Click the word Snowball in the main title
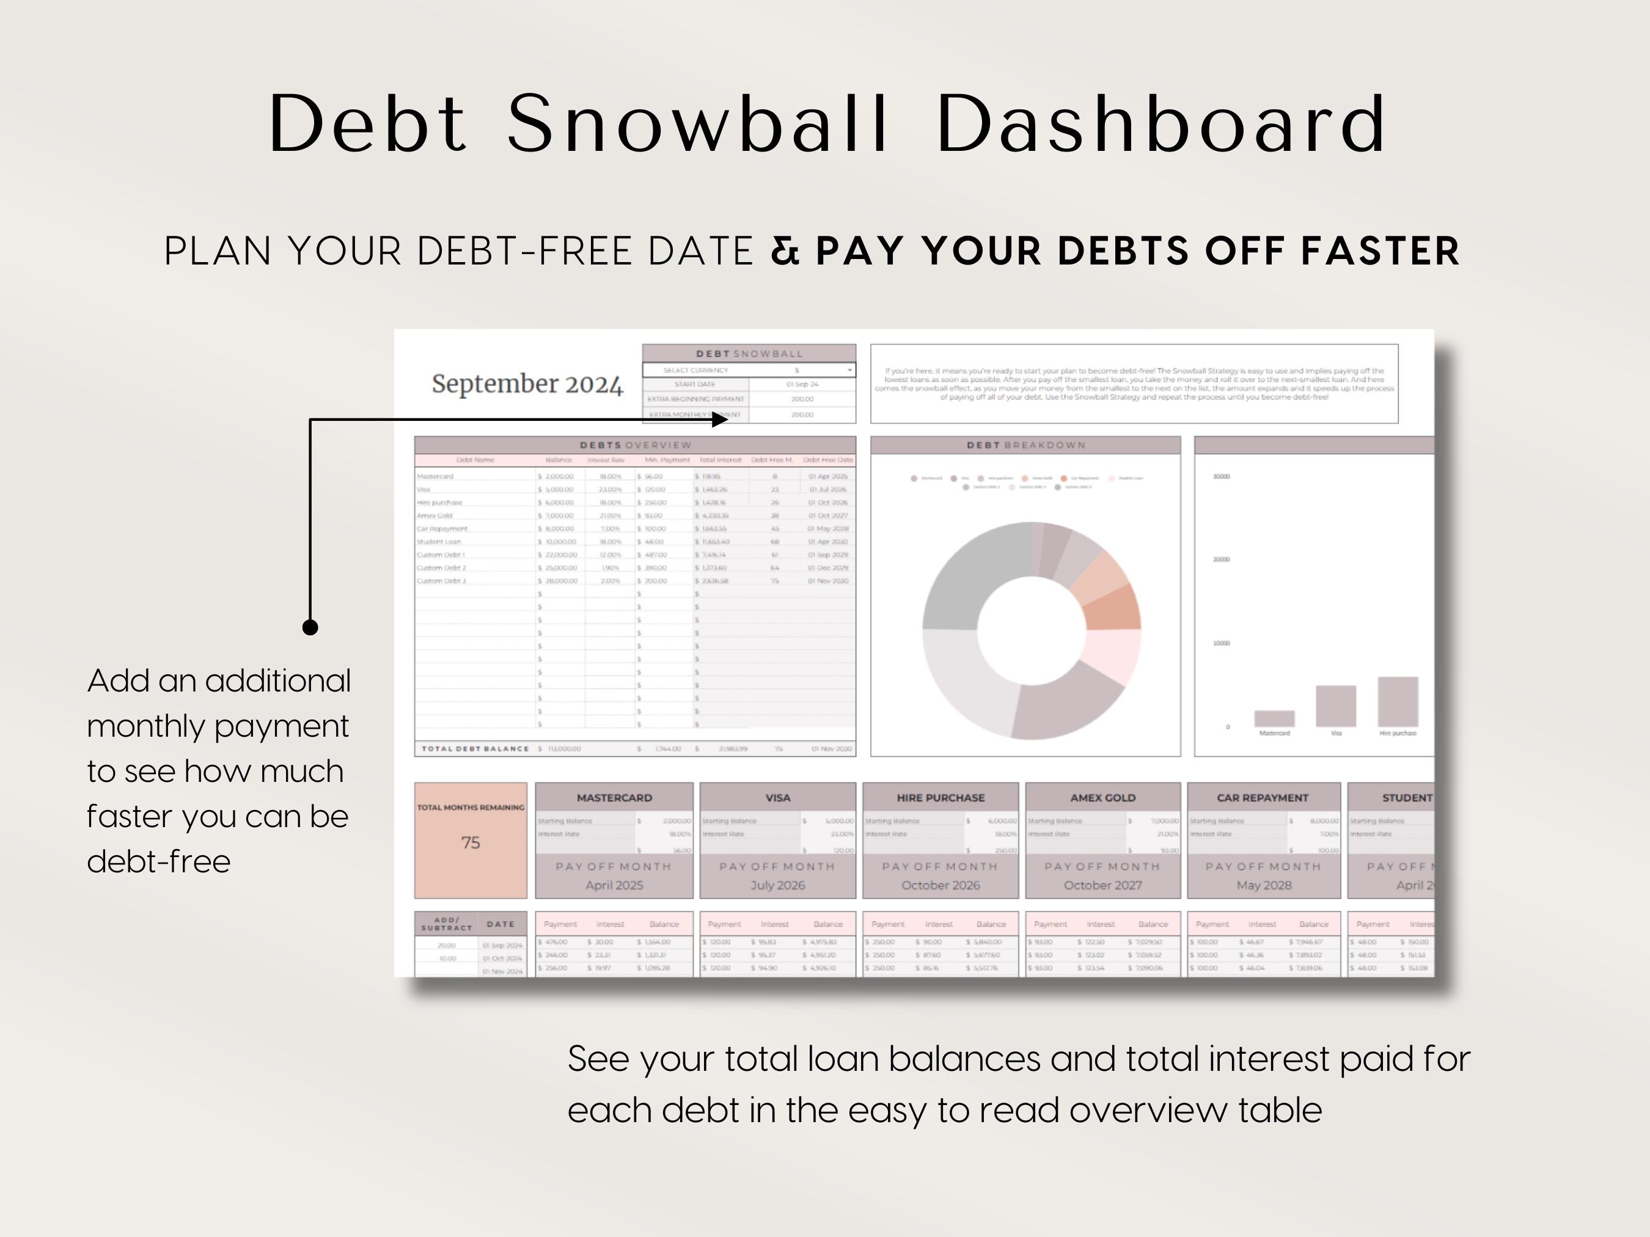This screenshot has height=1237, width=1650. (697, 124)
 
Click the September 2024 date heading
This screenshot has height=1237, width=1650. (527, 384)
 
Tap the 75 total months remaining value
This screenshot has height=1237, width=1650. (471, 842)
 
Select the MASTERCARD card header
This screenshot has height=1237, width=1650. (614, 798)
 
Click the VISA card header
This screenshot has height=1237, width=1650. (777, 798)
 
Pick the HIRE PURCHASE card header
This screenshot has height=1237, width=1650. (940, 798)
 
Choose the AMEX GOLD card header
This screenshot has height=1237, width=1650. (1102, 798)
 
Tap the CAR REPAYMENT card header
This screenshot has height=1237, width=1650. (1263, 798)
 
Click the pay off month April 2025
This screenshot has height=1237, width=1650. (614, 886)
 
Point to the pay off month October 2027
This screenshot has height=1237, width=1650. (1102, 886)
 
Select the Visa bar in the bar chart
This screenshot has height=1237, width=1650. (1335, 706)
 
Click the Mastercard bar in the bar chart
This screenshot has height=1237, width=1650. (1274, 719)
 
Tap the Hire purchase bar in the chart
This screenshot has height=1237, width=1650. (1397, 702)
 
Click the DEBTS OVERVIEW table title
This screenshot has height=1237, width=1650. (636, 445)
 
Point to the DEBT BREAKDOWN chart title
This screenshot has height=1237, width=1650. (1025, 445)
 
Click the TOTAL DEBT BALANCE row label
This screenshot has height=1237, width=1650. (475, 748)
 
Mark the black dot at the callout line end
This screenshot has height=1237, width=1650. (310, 627)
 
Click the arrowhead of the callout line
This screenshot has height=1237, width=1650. (721, 420)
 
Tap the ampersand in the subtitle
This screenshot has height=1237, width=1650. (785, 250)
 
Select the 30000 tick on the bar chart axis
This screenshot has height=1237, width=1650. (1221, 476)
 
